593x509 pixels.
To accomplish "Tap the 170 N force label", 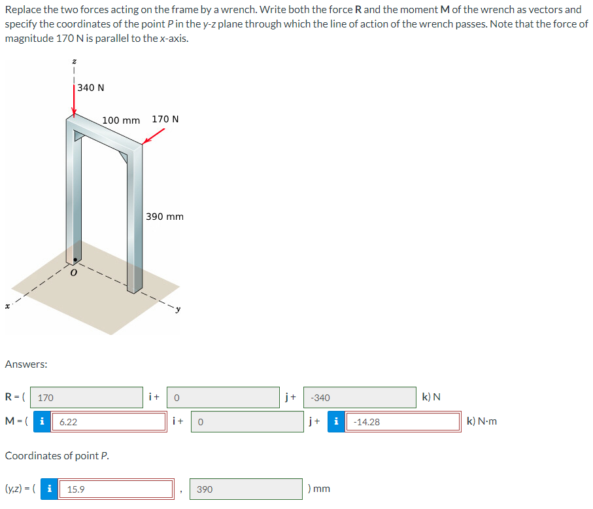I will pyautogui.click(x=165, y=119).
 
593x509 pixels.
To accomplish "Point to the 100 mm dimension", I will pyautogui.click(x=121, y=120).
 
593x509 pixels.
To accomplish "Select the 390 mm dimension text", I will pyautogui.click(x=165, y=216).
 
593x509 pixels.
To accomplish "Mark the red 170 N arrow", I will pyautogui.click(x=154, y=135).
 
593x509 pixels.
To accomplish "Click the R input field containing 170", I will pyautogui.click(x=86, y=397).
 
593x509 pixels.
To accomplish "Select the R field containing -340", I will pyautogui.click(x=360, y=397).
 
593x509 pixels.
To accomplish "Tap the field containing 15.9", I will pyautogui.click(x=115, y=489).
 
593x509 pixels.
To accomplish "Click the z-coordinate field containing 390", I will pyautogui.click(x=247, y=489).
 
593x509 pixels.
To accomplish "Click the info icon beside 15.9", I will pyautogui.click(x=50, y=489).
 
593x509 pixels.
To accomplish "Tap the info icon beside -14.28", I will pyautogui.click(x=337, y=422).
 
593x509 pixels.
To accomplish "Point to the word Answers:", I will pyautogui.click(x=25, y=364).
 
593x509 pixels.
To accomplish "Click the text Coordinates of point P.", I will pyautogui.click(x=57, y=455).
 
